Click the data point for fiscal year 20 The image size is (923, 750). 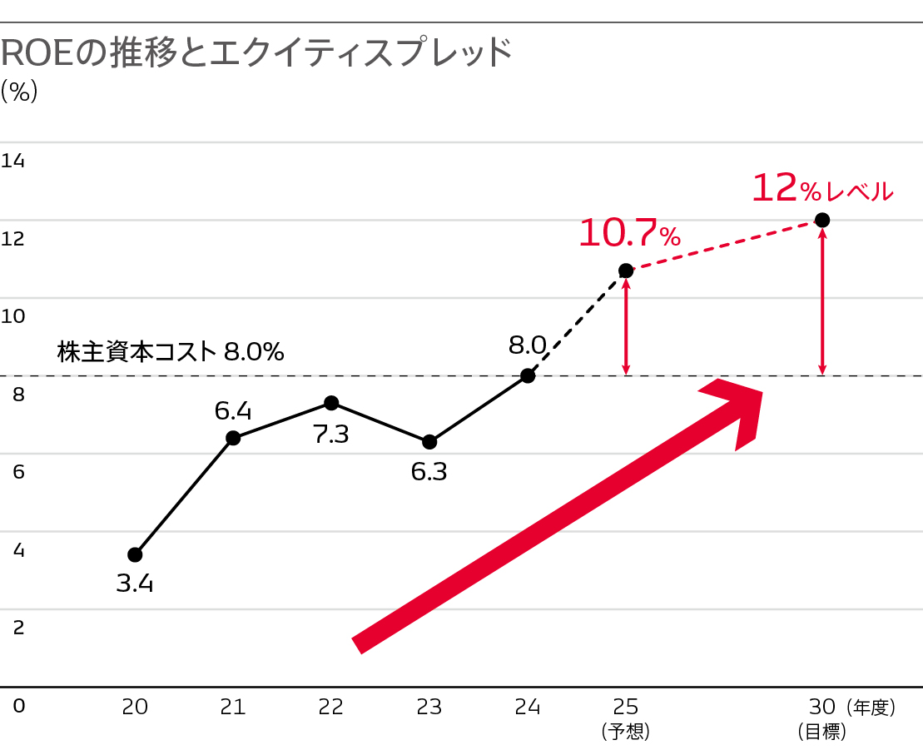pyautogui.click(x=135, y=554)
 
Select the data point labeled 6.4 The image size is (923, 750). pyautogui.click(x=233, y=438)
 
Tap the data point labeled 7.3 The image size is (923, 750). pyautogui.click(x=331, y=403)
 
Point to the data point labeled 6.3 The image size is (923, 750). pyautogui.click(x=429, y=441)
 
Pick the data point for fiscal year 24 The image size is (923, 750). pyautogui.click(x=528, y=375)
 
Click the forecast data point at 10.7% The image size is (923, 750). pyautogui.click(x=626, y=271)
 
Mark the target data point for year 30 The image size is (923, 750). pyautogui.click(x=822, y=220)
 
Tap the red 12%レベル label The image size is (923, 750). pyautogui.click(x=822, y=190)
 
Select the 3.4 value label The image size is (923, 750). pyautogui.click(x=135, y=584)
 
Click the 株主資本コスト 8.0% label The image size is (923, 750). pyautogui.click(x=171, y=352)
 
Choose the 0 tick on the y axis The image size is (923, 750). pyautogui.click(x=18, y=706)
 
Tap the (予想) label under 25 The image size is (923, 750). pyautogui.click(x=625, y=732)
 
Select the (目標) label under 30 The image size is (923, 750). pyautogui.click(x=821, y=732)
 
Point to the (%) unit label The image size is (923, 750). pyautogui.click(x=20, y=91)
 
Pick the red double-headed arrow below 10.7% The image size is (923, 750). pyautogui.click(x=626, y=325)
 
